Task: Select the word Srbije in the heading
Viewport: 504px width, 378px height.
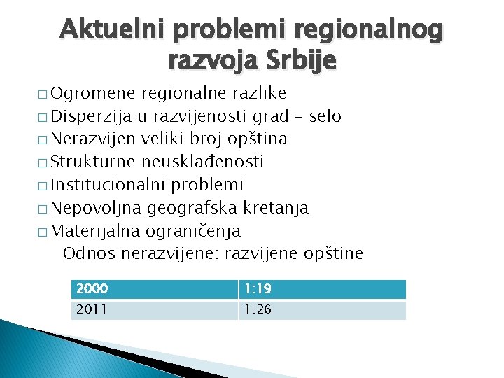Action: pyautogui.click(x=301, y=62)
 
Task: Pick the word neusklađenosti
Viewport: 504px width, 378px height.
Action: pyautogui.click(x=202, y=162)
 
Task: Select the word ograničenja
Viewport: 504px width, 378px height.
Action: pyautogui.click(x=193, y=231)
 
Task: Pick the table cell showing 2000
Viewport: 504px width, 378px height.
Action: pyautogui.click(x=154, y=289)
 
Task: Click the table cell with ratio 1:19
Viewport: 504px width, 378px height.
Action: pyautogui.click(x=322, y=289)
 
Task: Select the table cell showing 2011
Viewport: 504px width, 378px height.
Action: pyautogui.click(x=154, y=310)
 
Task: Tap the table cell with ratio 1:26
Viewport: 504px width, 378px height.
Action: pyautogui.click(x=322, y=310)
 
